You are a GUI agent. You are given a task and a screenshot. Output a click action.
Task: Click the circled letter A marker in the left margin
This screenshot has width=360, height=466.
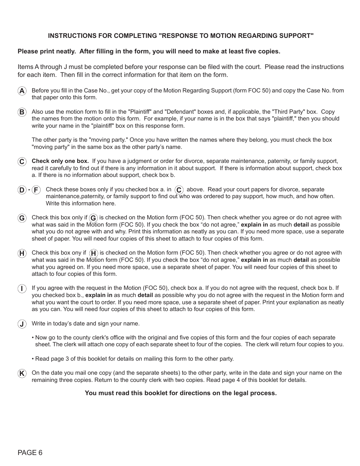click(x=22, y=91)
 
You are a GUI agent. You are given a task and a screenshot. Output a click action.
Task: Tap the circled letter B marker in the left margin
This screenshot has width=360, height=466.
click(x=22, y=112)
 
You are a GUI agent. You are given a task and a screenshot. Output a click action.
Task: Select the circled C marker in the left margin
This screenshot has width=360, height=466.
click(x=22, y=162)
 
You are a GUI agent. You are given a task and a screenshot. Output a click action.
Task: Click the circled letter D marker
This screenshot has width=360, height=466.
click(x=22, y=190)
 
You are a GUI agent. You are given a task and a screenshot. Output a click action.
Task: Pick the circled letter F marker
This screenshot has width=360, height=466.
click(x=36, y=190)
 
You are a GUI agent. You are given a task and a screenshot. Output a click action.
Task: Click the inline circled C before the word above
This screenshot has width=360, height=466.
click(x=179, y=190)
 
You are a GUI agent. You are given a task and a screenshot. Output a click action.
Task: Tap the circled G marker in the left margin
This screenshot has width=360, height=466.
click(x=22, y=218)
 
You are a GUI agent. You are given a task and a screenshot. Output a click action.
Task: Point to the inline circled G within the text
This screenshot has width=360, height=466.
click(x=93, y=218)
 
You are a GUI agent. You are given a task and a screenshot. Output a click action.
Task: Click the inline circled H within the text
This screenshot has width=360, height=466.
click(x=94, y=253)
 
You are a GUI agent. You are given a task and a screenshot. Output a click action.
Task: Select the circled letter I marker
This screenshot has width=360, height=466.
click(x=22, y=289)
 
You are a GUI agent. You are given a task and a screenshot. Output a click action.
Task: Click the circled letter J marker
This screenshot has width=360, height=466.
click(x=22, y=324)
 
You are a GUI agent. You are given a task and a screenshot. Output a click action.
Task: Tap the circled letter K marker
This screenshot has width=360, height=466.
click(x=22, y=374)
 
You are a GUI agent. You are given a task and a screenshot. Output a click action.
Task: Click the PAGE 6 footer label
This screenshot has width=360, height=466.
click(x=30, y=453)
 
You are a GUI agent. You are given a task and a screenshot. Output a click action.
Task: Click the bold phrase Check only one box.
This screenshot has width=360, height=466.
click(x=60, y=161)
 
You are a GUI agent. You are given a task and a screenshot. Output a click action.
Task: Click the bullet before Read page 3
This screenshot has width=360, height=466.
click(x=33, y=359)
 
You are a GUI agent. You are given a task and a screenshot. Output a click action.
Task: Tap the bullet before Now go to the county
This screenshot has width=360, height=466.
click(x=33, y=338)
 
